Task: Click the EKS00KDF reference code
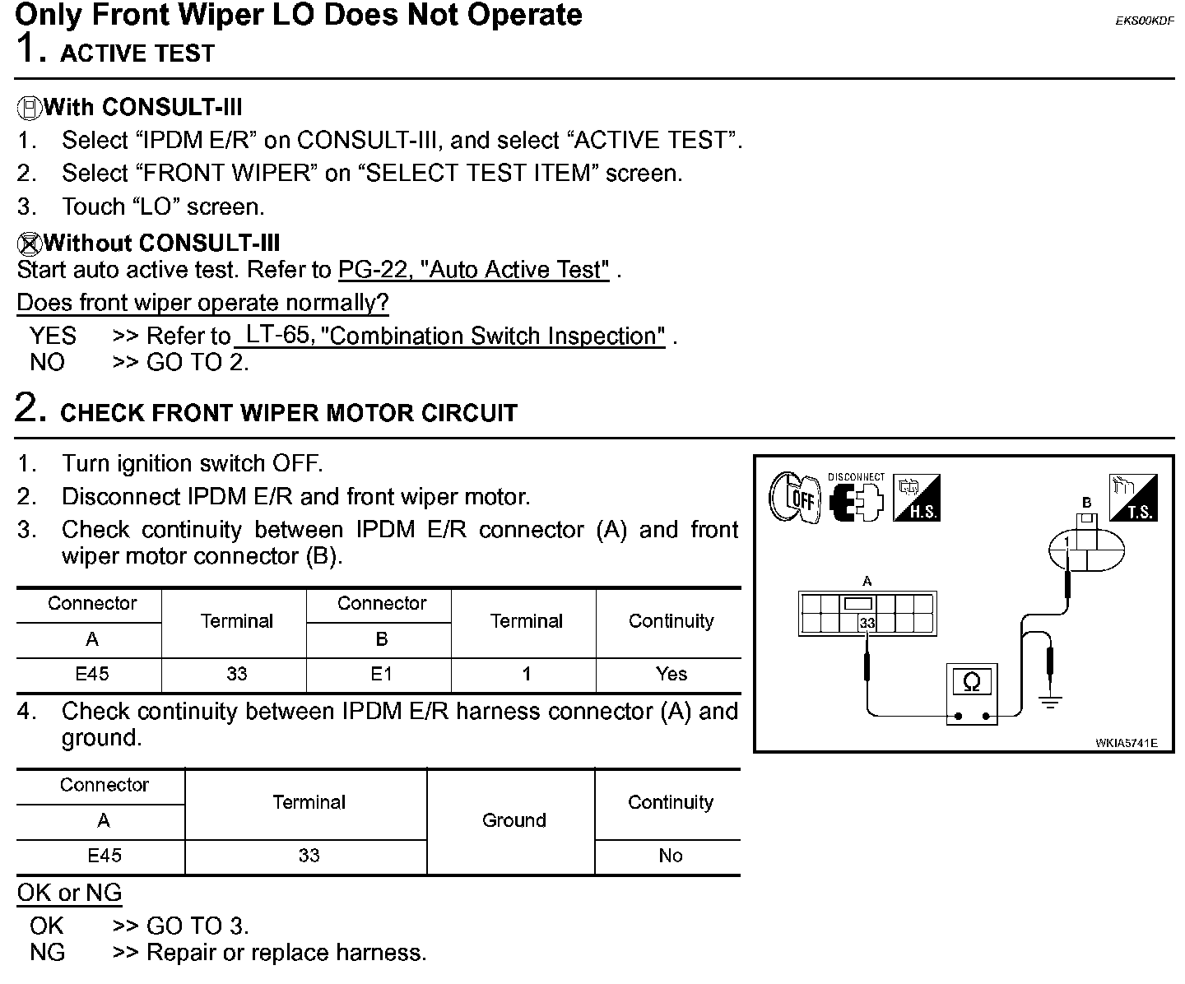click(x=1145, y=21)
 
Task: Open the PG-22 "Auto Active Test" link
click(x=474, y=270)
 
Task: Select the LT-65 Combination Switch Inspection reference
click(x=451, y=336)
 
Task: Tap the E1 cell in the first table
click(x=381, y=674)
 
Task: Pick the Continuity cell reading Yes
click(x=671, y=674)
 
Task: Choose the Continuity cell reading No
click(x=670, y=856)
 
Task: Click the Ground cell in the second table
click(x=513, y=820)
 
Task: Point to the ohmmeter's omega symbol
click(x=971, y=682)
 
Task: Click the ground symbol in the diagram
click(x=1049, y=702)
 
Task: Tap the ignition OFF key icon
click(x=793, y=499)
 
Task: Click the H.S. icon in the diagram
click(x=918, y=499)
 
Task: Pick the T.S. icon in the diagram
click(x=1134, y=499)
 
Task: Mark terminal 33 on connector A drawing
click(x=867, y=624)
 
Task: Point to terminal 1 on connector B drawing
click(x=1066, y=543)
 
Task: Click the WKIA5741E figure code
click(x=1126, y=743)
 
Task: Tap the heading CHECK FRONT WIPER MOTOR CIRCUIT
click(x=289, y=413)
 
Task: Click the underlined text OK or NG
click(x=69, y=893)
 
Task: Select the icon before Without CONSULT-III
click(x=29, y=243)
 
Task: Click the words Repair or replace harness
click(x=286, y=953)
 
